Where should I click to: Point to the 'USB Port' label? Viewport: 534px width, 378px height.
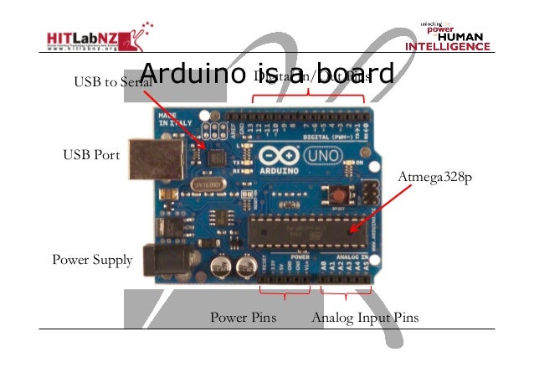coord(91,155)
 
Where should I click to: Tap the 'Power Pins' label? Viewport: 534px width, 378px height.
coord(243,318)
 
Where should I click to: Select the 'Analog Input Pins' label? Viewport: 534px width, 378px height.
coord(365,318)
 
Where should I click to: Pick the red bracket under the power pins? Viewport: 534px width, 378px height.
coord(285,293)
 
